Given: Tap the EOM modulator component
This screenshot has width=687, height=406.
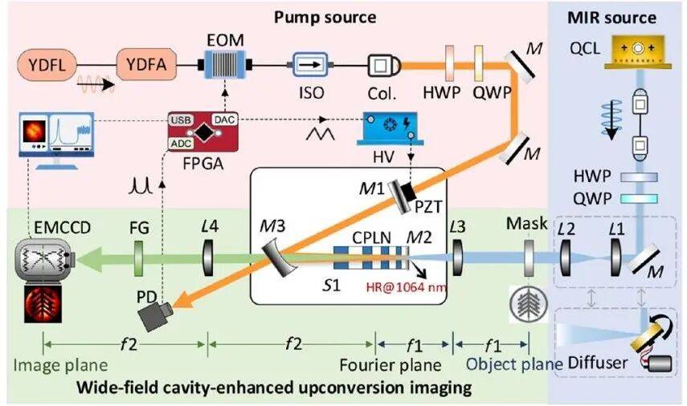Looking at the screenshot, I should tap(226, 62).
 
